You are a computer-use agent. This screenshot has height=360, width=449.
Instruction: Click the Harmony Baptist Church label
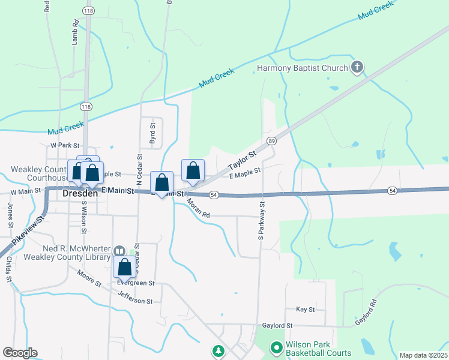point(303,68)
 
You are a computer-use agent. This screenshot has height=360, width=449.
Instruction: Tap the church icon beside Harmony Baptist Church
point(357,67)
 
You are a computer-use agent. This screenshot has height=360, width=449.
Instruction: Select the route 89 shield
point(272,140)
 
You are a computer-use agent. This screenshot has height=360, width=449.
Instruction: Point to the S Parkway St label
point(262,221)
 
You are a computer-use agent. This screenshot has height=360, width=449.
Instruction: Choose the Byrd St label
point(152,133)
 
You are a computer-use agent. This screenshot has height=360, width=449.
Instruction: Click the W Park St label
point(65,145)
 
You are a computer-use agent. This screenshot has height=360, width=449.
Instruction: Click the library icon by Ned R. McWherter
point(119,251)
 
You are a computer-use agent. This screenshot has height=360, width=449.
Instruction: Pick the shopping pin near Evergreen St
point(124,267)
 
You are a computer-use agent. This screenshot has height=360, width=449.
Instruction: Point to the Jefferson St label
point(139,297)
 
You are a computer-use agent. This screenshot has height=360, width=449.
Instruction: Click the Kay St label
point(306,309)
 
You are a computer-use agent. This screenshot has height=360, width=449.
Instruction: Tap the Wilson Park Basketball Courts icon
point(276,347)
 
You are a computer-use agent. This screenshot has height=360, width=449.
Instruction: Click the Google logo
point(20,353)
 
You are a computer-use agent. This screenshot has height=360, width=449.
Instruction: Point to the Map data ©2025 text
point(423,355)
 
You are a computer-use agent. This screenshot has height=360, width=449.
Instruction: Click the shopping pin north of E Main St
point(193,170)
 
